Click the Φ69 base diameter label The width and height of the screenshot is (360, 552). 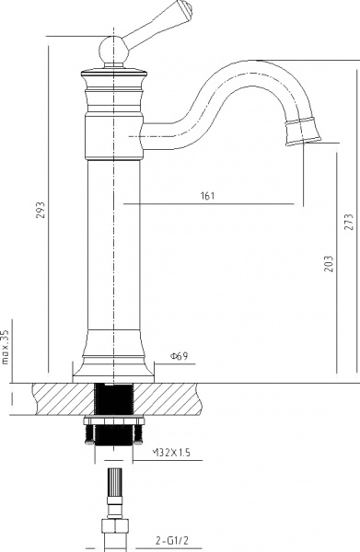pos(180,356)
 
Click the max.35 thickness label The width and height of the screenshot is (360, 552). pos(6,348)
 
